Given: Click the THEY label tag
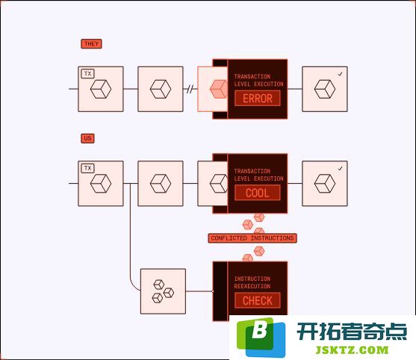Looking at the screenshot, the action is point(91,44).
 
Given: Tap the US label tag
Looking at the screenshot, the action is point(87,138).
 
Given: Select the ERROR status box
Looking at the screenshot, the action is point(258,98).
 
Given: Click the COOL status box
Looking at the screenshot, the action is point(258,193).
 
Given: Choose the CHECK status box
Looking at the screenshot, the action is point(258,300).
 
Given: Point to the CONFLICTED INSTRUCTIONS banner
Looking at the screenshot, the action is point(252,238).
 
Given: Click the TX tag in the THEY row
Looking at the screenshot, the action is point(88,73).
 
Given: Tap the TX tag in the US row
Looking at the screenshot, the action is point(88,168).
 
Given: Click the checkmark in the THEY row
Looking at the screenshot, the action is point(340,74).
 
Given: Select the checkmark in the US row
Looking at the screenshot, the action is point(340,169).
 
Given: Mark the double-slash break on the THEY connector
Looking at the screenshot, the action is point(190,89).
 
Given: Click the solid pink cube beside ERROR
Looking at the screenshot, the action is point(219,89).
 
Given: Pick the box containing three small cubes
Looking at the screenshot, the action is point(163,291).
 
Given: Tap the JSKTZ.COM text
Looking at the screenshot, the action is point(352,350).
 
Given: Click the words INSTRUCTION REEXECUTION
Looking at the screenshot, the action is point(252,282).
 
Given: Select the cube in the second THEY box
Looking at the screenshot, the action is point(161,89).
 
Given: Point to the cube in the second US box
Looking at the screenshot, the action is point(161,184).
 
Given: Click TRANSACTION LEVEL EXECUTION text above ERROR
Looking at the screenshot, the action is point(258,80).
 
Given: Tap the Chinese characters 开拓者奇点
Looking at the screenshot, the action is point(352,332).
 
